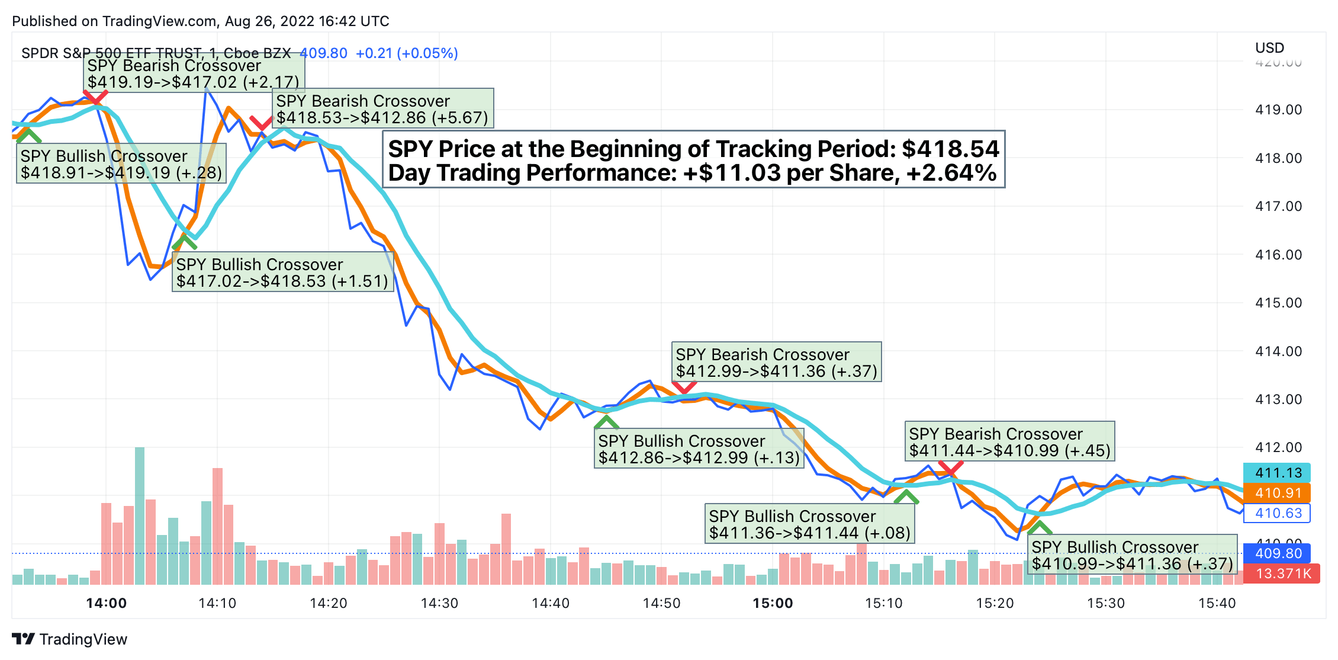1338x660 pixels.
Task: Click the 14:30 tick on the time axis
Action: [439, 603]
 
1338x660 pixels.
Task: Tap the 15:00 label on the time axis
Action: [773, 603]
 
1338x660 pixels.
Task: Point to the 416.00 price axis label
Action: [1278, 255]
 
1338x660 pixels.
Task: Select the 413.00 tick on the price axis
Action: [1278, 399]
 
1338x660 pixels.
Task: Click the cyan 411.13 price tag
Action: [1277, 473]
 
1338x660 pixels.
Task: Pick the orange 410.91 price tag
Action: [1277, 493]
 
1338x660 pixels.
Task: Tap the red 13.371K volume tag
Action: [1282, 574]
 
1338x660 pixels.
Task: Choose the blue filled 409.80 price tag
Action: [1277, 553]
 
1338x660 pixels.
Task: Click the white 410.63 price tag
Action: [1277, 513]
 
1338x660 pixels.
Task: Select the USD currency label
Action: [1269, 48]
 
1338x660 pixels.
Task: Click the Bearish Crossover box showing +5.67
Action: [382, 109]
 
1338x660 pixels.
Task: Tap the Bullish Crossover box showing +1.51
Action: [282, 273]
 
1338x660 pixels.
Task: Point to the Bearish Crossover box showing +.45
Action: [1009, 442]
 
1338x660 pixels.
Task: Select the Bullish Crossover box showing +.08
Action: [809, 524]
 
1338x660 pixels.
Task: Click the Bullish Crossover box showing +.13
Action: [699, 449]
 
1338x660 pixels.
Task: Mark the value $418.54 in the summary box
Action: [950, 149]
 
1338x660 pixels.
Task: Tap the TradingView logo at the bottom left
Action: [69, 639]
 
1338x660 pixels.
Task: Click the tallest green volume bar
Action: [140, 515]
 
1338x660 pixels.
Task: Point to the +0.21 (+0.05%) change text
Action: [407, 53]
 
